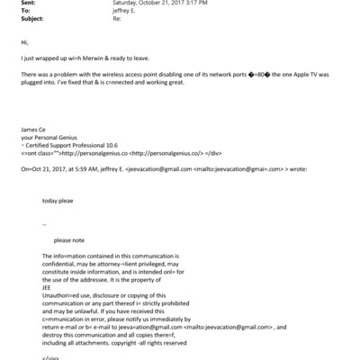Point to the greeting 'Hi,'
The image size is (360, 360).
[22, 42]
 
